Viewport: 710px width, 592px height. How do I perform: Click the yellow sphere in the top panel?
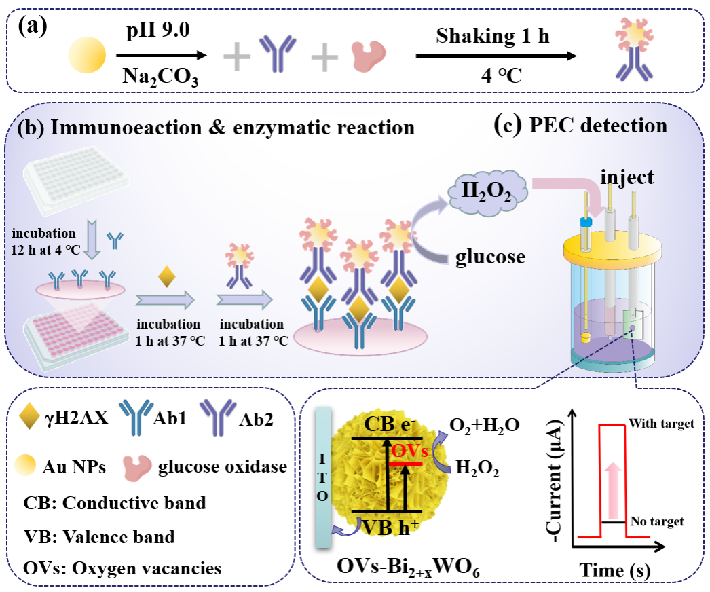click(x=86, y=55)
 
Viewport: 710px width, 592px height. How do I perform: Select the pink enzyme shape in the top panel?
click(x=368, y=56)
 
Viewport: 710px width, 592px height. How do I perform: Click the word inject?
click(x=627, y=178)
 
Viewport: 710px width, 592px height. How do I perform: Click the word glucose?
click(x=490, y=257)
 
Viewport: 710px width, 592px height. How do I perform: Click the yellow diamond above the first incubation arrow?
click(x=166, y=277)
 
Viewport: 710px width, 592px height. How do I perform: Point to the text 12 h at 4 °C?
click(x=46, y=249)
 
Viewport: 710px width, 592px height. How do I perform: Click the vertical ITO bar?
click(x=323, y=477)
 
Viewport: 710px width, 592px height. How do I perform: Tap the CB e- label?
click(x=389, y=424)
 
